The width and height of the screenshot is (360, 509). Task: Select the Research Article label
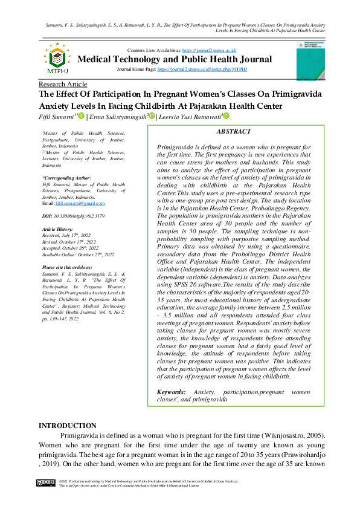62,84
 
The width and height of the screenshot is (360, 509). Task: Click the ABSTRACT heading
233,131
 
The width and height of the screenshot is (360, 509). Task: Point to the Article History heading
58,230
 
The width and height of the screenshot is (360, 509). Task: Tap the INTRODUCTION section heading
67,426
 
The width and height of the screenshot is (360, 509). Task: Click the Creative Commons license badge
45,483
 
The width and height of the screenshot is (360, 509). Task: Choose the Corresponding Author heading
66,178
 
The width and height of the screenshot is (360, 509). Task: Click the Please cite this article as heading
66,267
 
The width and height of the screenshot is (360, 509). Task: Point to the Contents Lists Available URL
209,50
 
